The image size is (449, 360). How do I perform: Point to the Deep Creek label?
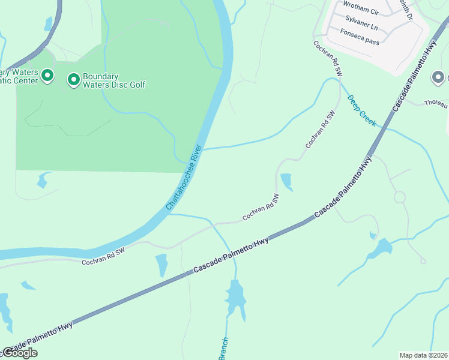pyautogui.click(x=361, y=110)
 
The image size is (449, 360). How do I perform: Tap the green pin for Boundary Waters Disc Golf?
pyautogui.click(x=74, y=79)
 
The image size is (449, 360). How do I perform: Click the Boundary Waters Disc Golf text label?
pyautogui.click(x=113, y=80)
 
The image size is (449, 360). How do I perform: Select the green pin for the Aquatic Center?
pyautogui.click(x=47, y=76)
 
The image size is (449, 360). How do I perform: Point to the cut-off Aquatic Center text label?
pyautogui.click(x=18, y=76)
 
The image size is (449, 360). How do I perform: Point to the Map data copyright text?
pyautogui.click(x=424, y=355)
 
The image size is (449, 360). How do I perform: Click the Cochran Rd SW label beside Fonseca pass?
pyautogui.click(x=327, y=58)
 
